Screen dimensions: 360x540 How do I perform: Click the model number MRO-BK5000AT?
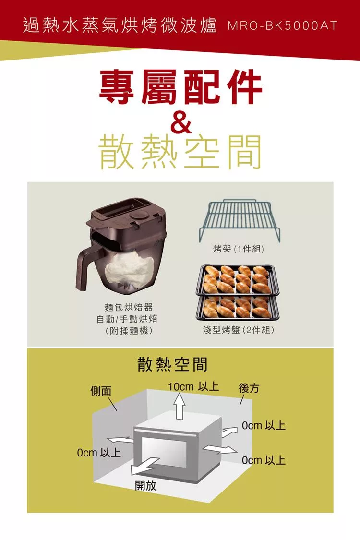pyautogui.click(x=282, y=26)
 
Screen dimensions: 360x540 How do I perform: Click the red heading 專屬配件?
pyautogui.click(x=180, y=87)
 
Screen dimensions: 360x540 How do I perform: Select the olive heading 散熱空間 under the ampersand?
pyautogui.click(x=180, y=152)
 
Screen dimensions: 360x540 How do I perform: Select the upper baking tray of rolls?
pyautogui.click(x=237, y=280)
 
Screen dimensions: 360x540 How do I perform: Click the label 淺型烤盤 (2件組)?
pyautogui.click(x=239, y=330)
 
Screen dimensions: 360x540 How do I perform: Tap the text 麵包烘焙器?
pyautogui.click(x=128, y=307)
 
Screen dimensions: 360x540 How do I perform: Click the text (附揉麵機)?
pyautogui.click(x=128, y=331)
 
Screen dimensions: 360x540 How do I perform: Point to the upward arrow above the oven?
pyautogui.click(x=179, y=407)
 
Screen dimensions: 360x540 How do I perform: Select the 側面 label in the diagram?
pyautogui.click(x=101, y=391)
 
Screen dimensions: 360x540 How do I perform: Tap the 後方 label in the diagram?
pyautogui.click(x=249, y=388)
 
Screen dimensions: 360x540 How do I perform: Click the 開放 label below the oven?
pyautogui.click(x=145, y=486)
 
